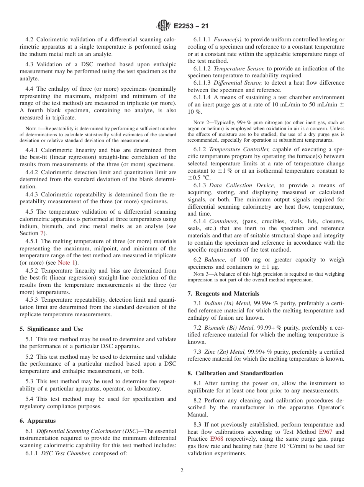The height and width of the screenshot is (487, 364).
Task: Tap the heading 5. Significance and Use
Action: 51,329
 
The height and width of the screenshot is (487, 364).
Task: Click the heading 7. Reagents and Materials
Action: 223,294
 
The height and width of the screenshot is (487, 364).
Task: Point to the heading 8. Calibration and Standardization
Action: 235,373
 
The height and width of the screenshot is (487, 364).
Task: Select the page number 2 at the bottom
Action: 182,471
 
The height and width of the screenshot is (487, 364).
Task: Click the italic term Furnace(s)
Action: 228,39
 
